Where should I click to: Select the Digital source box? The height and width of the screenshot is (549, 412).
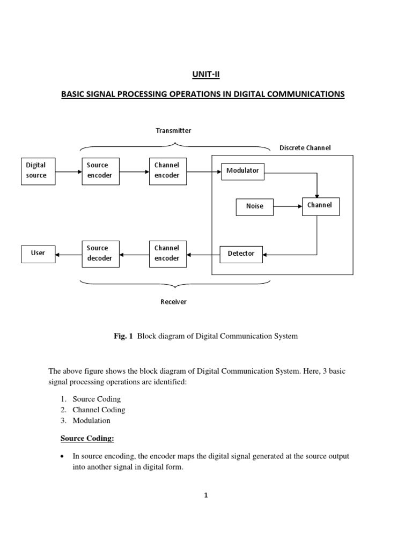pos(38,170)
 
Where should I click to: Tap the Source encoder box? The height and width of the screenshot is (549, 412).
pos(101,170)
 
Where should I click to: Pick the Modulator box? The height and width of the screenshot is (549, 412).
pos(242,171)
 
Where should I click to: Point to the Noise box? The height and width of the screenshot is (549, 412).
pos(255,206)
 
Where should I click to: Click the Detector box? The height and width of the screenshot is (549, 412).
pos(241,254)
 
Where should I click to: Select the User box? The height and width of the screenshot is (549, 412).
pos(38,253)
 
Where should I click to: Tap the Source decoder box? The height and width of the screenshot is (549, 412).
pos(101,253)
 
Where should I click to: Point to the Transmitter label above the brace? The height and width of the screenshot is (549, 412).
pos(173,130)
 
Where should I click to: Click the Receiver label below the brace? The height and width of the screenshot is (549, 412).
pos(174,302)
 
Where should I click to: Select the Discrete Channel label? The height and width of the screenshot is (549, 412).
pos(305,148)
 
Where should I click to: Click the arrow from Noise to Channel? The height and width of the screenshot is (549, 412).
pos(288,206)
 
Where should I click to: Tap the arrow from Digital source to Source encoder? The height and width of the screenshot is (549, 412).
pos(68,172)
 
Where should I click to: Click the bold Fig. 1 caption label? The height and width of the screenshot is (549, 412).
pos(123,336)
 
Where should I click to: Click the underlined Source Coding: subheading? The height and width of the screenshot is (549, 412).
pos(87,439)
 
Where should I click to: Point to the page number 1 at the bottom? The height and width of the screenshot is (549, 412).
pos(205,495)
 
